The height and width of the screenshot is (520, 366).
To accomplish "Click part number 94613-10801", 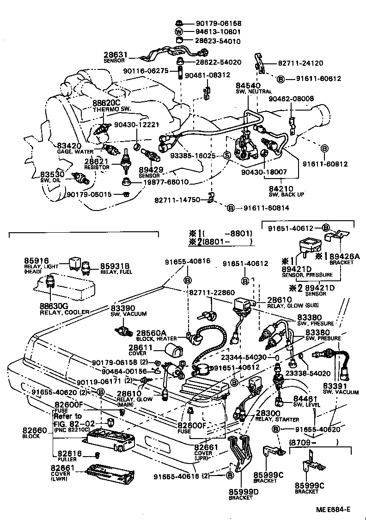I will tap(218, 32).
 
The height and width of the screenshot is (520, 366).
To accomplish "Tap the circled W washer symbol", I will tap(179, 32).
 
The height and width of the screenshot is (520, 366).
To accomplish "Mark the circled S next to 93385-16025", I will tap(227, 155).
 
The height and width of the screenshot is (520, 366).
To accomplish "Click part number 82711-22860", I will tap(212, 293).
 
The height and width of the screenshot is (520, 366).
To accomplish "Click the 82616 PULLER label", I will tap(67, 456).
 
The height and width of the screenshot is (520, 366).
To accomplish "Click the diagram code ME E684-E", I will tap(333, 510).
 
